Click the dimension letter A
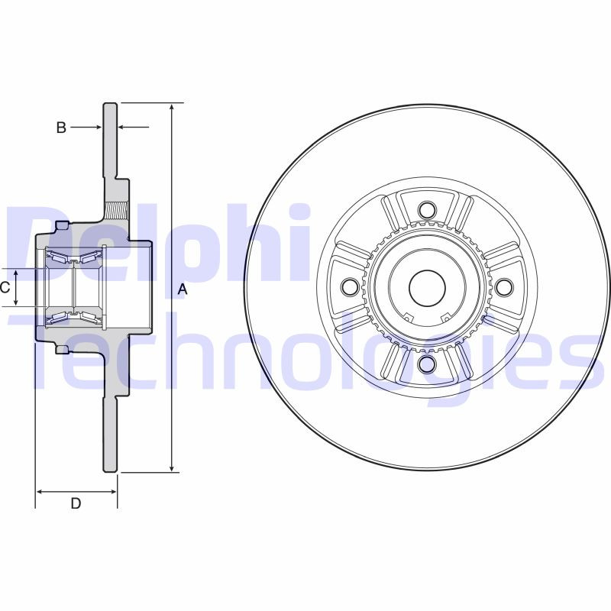[x=182, y=288]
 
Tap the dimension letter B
[x=62, y=128]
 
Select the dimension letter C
[x=5, y=287]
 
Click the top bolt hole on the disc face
[x=427, y=209]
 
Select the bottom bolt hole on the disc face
[x=427, y=363]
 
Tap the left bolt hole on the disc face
[x=351, y=286]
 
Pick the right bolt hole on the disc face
[x=503, y=286]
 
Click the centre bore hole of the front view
[x=427, y=286]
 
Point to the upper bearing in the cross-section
[x=72, y=258]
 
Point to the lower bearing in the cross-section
[x=72, y=316]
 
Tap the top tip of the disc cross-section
[x=111, y=104]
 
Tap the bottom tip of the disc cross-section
[x=111, y=470]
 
